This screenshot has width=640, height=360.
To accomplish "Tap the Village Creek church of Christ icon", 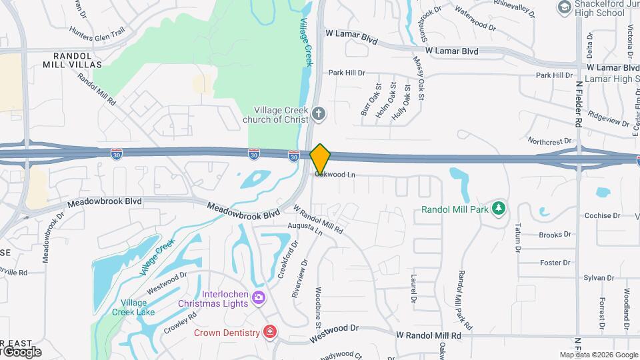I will [x=319, y=113].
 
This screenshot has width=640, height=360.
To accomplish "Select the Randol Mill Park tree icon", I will [x=498, y=209].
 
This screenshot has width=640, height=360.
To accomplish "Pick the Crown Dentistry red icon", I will [x=269, y=332].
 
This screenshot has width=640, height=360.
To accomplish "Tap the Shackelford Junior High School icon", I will [x=564, y=7].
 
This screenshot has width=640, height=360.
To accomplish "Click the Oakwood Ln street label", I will [x=335, y=175].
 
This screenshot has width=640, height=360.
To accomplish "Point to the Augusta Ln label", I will [x=305, y=229].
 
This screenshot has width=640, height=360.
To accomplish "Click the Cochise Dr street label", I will [x=602, y=216].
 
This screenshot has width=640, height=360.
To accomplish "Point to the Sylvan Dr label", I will [x=597, y=278].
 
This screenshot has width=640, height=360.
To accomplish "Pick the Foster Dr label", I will [x=555, y=263].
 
